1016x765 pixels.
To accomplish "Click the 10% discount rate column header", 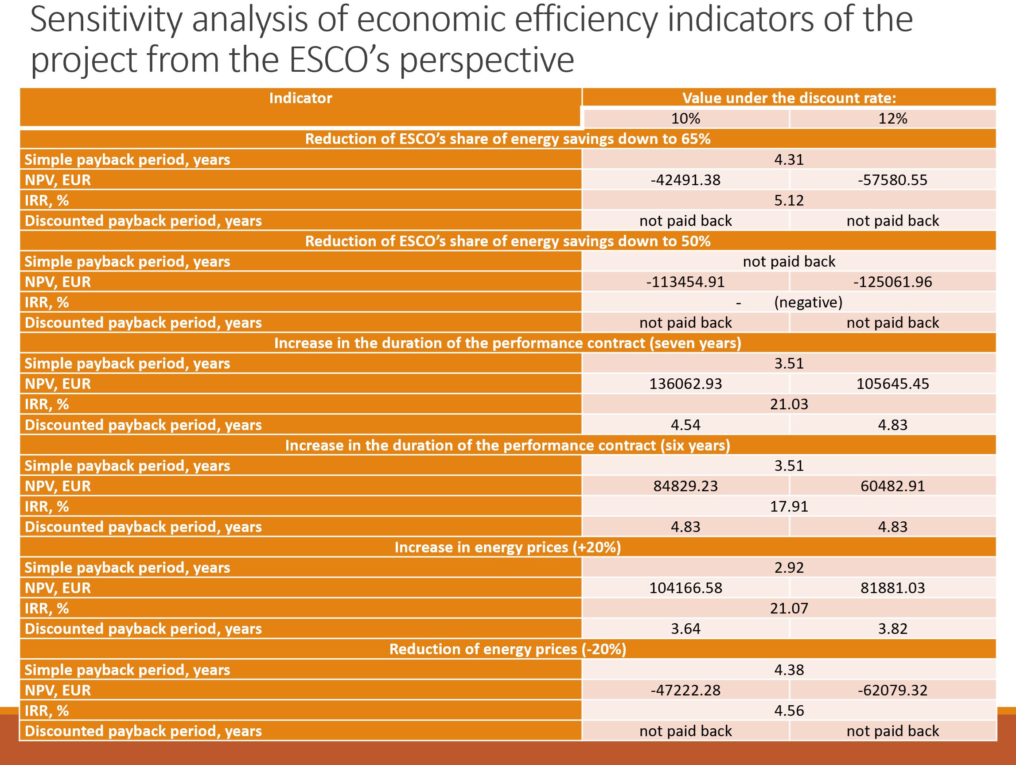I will pyautogui.click(x=685, y=118).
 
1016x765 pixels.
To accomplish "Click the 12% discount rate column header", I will pyautogui.click(x=892, y=118).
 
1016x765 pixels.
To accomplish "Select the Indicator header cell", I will pyautogui.click(x=300, y=98).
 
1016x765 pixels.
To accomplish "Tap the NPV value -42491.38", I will pyautogui.click(x=685, y=180).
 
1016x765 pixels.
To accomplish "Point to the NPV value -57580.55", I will pyautogui.click(x=892, y=180).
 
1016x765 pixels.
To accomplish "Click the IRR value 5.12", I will pyautogui.click(x=789, y=200).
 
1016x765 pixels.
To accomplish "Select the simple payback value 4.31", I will pyautogui.click(x=789, y=159).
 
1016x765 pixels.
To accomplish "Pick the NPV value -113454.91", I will pyautogui.click(x=685, y=282).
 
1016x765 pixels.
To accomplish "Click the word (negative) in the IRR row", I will pyautogui.click(x=808, y=302).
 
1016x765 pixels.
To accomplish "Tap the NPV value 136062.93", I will pyautogui.click(x=685, y=384).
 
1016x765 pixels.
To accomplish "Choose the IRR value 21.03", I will pyautogui.click(x=789, y=404).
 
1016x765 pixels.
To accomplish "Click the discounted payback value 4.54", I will pyautogui.click(x=685, y=425).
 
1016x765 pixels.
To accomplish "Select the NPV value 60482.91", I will pyautogui.click(x=892, y=486).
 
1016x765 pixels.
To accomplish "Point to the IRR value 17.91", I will pyautogui.click(x=789, y=506).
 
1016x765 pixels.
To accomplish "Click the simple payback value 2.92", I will pyautogui.click(x=789, y=567).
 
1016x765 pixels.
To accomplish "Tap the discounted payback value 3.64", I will pyautogui.click(x=685, y=629).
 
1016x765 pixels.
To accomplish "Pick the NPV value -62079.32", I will pyautogui.click(x=892, y=690).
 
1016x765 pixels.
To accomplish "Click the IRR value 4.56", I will pyautogui.click(x=789, y=711).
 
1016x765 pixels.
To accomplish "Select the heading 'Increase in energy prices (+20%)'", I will pyautogui.click(x=507, y=548).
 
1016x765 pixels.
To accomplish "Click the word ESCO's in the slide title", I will pyautogui.click(x=339, y=60).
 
